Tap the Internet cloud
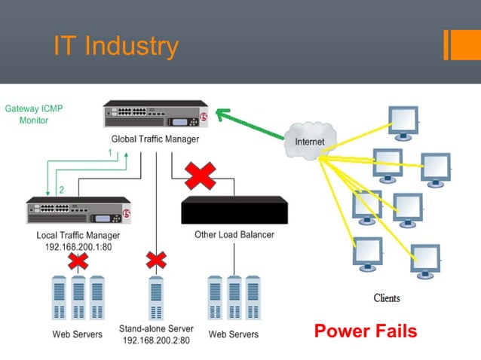coord(309,140)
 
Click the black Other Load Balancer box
coord(234,211)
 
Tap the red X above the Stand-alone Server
coord(156,261)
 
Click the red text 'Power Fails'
coord(365,331)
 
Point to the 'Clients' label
coord(387,298)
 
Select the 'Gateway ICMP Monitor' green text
coord(34,114)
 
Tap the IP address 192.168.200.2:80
coord(156,340)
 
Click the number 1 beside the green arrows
coord(110,153)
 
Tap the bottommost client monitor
coord(424,258)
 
